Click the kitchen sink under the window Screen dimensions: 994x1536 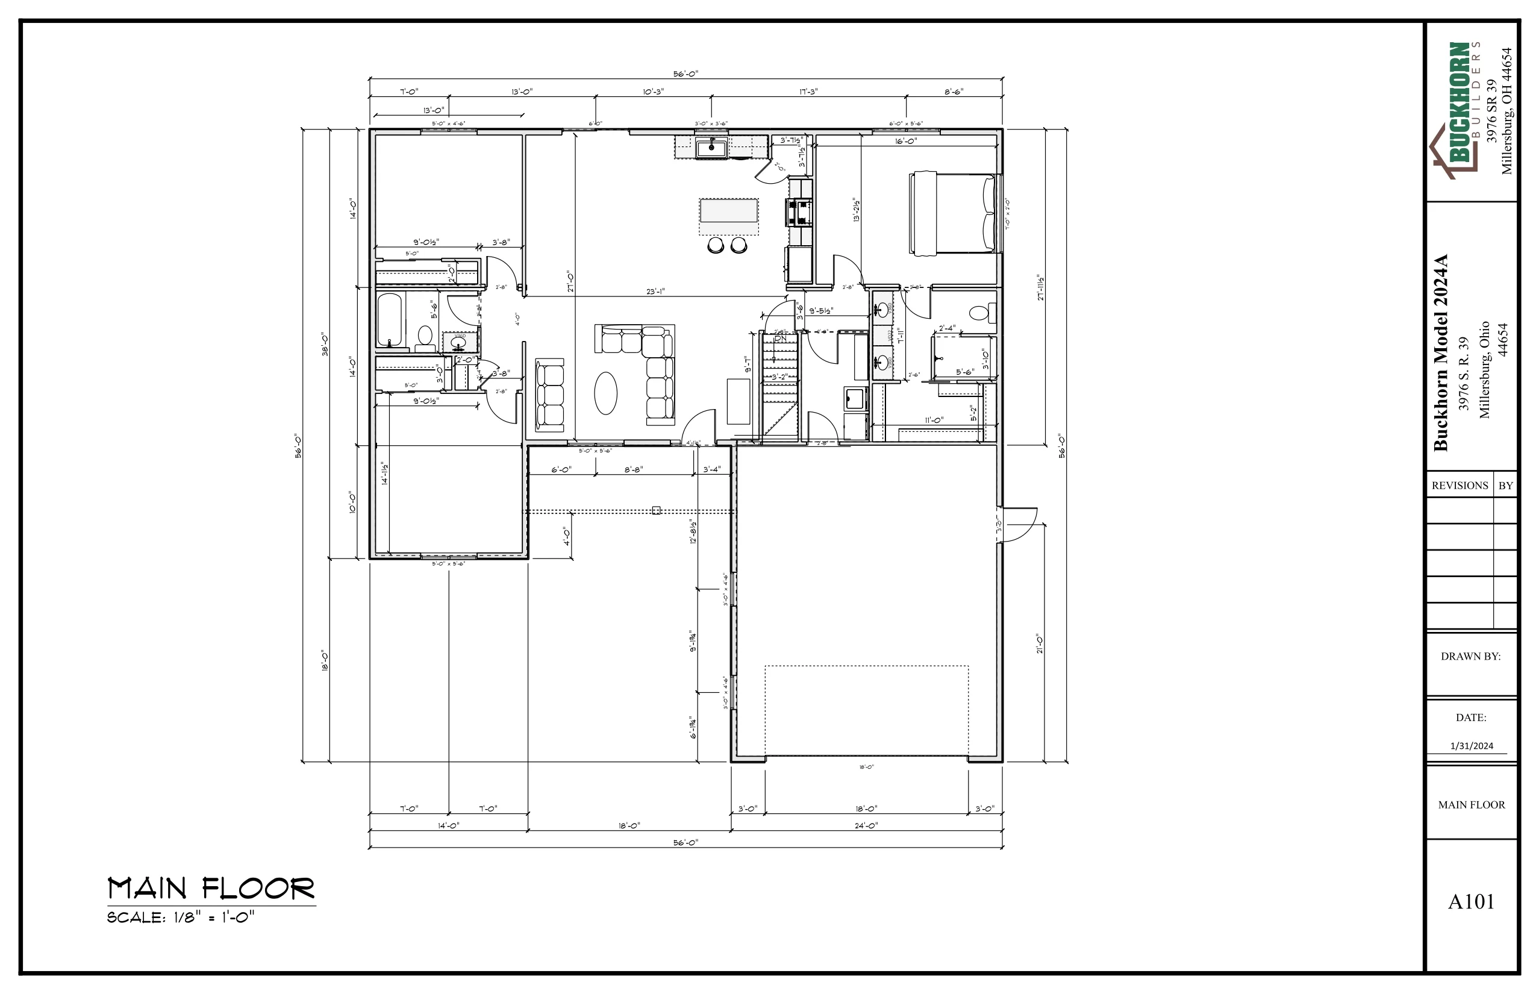click(x=711, y=148)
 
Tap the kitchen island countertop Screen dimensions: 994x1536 click(x=728, y=211)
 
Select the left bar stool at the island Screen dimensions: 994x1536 click(x=716, y=245)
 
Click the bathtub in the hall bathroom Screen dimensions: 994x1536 click(x=389, y=320)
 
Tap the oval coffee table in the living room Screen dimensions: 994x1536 click(x=605, y=393)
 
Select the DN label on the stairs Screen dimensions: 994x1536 click(x=780, y=338)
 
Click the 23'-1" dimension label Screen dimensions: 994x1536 click(x=655, y=292)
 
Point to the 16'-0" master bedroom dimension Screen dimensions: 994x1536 click(x=905, y=141)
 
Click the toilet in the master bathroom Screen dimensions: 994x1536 click(x=982, y=314)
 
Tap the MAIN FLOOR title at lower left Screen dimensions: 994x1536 click(x=211, y=889)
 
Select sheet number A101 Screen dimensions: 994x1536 click(x=1471, y=902)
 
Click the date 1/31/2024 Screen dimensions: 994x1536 click(x=1472, y=746)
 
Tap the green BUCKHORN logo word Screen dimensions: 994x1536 click(x=1459, y=102)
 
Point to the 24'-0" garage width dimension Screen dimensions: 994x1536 click(x=866, y=825)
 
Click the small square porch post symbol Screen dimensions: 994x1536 click(x=657, y=511)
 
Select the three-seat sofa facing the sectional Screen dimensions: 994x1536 click(x=549, y=395)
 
